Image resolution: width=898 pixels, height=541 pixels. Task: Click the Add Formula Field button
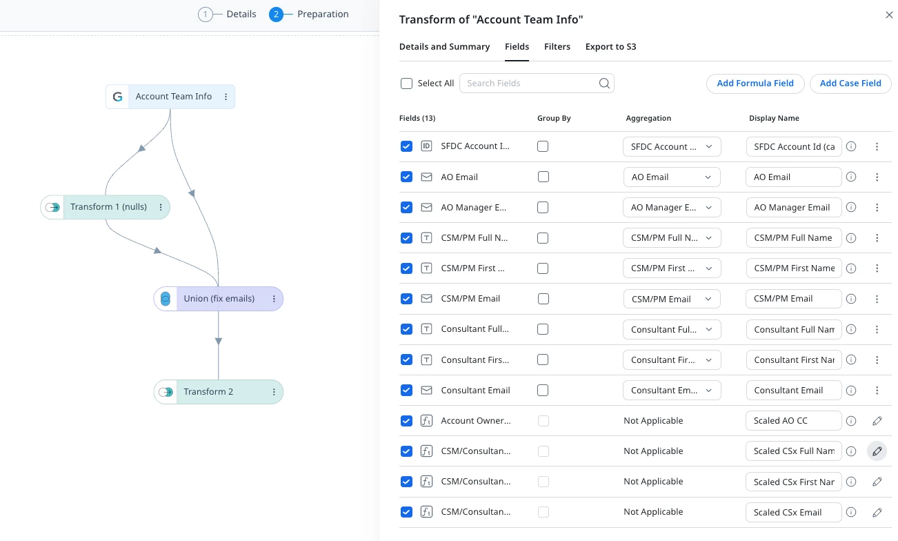coord(755,83)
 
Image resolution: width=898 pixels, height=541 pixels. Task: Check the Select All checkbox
coord(406,83)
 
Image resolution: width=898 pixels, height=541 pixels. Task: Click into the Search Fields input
coord(532,83)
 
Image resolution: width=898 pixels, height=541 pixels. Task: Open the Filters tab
coord(557,46)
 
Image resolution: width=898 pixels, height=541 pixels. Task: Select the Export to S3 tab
coord(610,46)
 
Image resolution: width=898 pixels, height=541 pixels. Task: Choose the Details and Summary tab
coord(444,46)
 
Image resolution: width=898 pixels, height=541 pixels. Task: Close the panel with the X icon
coord(889,15)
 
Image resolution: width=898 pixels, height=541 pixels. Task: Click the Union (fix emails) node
coord(219,299)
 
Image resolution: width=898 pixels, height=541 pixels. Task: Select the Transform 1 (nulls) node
coord(105,207)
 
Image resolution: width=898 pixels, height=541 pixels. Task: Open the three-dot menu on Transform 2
coord(274,392)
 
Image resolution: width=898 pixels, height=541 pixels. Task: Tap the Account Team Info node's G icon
coord(117,97)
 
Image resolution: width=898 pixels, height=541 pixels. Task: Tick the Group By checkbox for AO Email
coord(543,177)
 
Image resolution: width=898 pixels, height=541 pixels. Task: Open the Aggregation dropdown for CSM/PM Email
coord(672,299)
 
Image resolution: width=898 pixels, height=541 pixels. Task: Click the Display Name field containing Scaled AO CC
coord(793,421)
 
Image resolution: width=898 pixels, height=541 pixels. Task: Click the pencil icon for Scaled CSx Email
coord(877,512)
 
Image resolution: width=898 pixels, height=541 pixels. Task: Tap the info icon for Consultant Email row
coord(850,390)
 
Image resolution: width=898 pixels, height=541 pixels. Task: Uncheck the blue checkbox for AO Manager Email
coord(406,207)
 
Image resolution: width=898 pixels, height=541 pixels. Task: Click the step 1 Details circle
coord(206,14)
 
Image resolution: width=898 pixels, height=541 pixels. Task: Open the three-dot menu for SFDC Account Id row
coord(877,147)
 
